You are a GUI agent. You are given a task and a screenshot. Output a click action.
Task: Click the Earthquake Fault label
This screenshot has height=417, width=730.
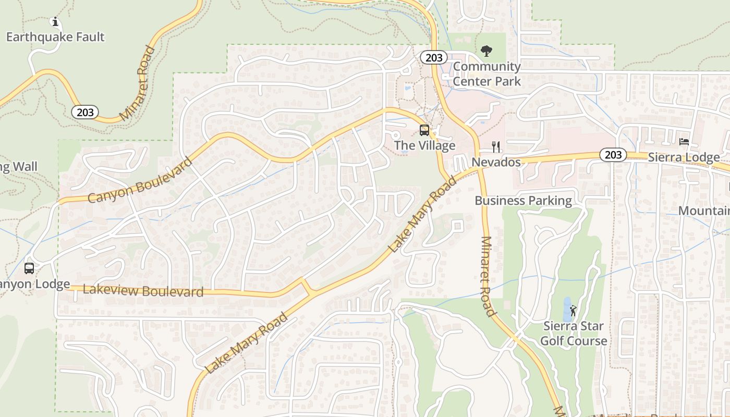[55, 37]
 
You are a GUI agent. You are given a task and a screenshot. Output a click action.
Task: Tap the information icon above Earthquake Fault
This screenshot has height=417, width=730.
[55, 22]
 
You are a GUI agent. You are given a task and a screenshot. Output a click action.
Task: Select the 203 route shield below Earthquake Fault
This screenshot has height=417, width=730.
[85, 112]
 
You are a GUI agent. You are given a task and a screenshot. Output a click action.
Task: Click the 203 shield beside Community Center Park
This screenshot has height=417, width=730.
[434, 57]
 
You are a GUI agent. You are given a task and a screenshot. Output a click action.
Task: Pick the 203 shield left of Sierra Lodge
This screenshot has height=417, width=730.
[613, 155]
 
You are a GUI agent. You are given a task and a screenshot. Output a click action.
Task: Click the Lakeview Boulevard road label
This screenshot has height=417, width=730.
[143, 291]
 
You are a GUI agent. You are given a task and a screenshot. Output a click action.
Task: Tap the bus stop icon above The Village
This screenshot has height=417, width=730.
[424, 130]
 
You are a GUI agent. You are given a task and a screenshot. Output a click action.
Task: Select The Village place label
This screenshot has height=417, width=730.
[424, 145]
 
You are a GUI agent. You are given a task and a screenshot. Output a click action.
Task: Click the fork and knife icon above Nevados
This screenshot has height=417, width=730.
[496, 147]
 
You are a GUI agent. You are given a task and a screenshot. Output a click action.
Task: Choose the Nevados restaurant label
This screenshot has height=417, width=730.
[496, 162]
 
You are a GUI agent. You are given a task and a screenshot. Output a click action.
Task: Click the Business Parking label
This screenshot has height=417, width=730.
[523, 201]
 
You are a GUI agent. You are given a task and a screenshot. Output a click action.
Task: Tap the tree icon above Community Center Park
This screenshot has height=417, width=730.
[486, 51]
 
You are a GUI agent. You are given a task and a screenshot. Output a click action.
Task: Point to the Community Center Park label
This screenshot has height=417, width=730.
[486, 74]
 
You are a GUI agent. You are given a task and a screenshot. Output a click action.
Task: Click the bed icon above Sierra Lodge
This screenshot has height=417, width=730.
[684, 142]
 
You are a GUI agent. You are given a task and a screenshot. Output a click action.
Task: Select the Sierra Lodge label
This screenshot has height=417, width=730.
[684, 157]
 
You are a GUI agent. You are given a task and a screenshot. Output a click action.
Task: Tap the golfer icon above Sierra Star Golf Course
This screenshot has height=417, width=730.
[574, 311]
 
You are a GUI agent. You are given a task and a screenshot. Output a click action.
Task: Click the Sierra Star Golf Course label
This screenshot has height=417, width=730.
[574, 334]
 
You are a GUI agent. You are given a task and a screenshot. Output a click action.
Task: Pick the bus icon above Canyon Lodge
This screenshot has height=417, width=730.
[29, 268]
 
